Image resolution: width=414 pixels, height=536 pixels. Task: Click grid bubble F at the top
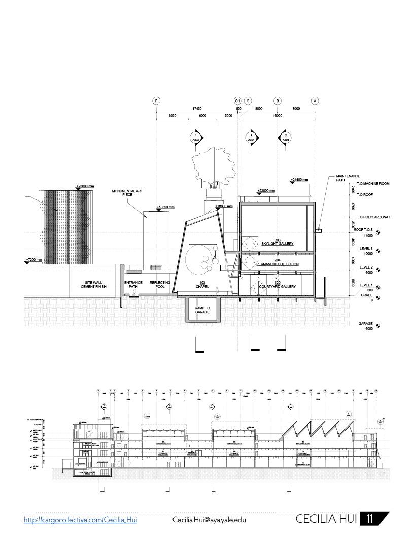coord(157,100)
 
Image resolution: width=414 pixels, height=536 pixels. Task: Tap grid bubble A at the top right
coord(315,100)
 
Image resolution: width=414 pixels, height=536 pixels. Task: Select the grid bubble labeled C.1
coord(237,100)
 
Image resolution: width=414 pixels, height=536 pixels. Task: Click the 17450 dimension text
coord(196,109)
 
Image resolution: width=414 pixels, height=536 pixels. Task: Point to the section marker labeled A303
coord(195,138)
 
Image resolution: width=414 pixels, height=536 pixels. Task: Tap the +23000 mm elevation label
coord(85,186)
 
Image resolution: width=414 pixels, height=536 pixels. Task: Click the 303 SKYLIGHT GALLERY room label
coord(278,242)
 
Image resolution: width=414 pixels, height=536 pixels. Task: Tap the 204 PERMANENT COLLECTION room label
coord(278,262)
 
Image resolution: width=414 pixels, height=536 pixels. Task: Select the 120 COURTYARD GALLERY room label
coord(278,285)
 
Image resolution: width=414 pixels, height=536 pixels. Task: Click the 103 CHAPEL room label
coord(202,284)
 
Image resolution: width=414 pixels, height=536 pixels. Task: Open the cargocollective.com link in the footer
coord(81,520)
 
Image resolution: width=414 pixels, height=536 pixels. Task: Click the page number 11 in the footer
coord(370,519)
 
